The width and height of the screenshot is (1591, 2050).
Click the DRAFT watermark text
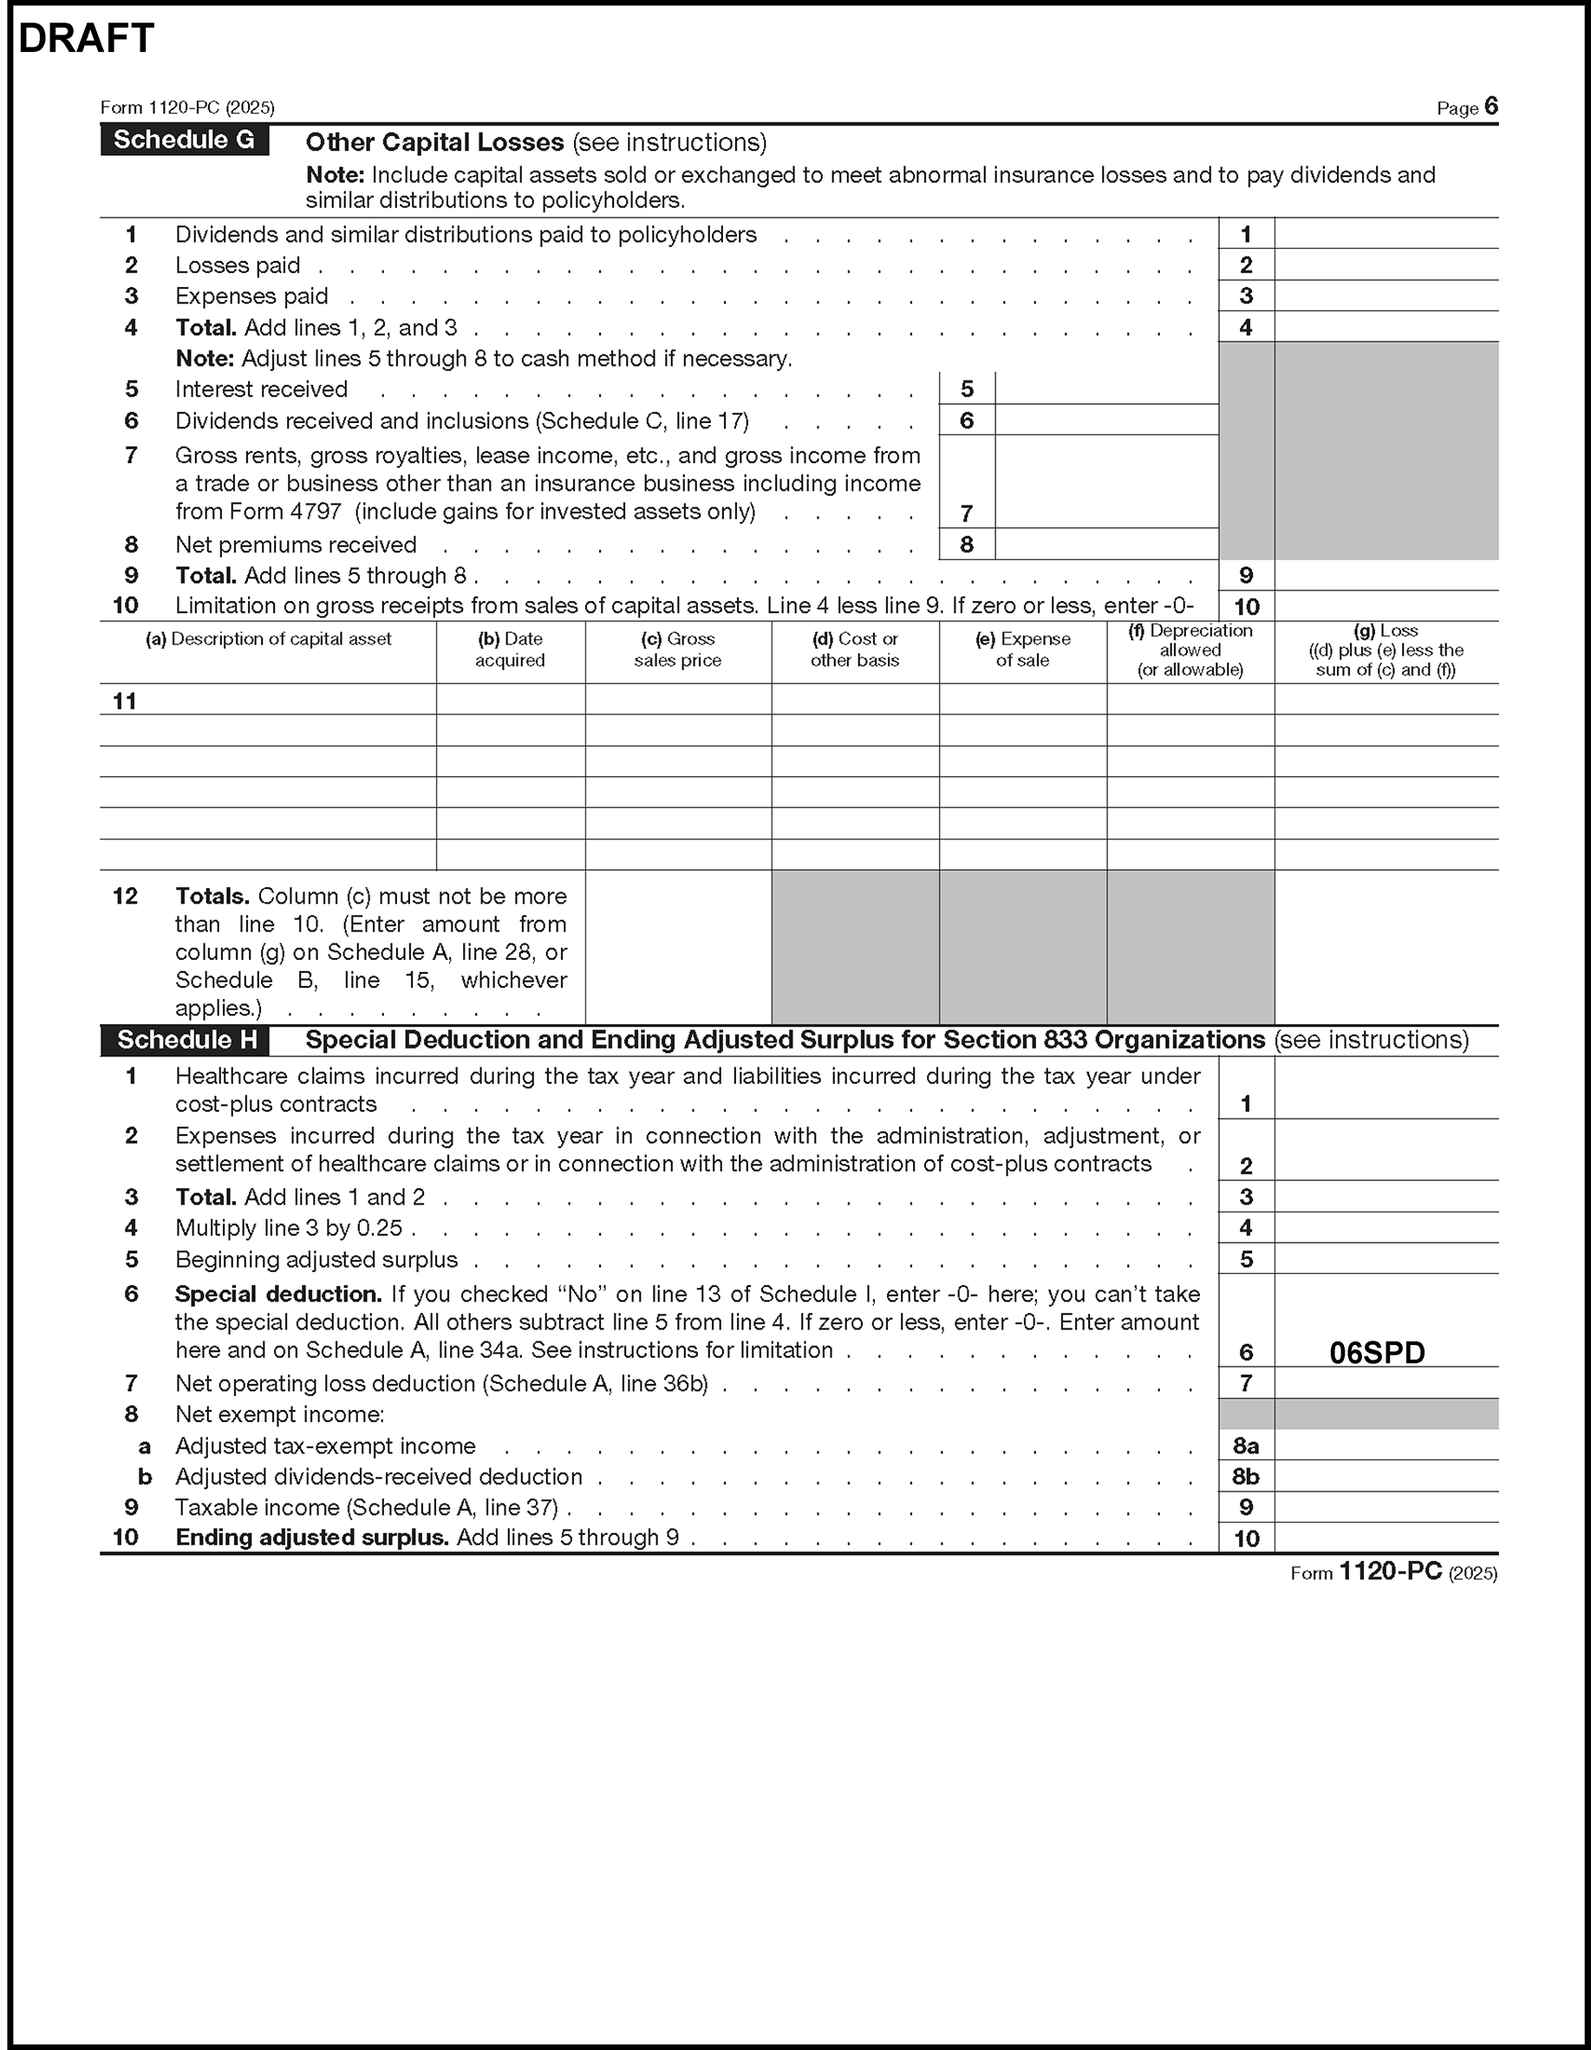[x=87, y=39]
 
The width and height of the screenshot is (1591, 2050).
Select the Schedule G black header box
[x=184, y=140]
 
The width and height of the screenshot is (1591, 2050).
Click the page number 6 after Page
[x=1490, y=107]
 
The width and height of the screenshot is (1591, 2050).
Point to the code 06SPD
[x=1377, y=1353]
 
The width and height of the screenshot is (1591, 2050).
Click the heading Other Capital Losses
[x=434, y=143]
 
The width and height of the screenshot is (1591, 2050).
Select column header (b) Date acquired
[x=510, y=650]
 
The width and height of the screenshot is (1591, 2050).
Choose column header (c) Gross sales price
[x=678, y=650]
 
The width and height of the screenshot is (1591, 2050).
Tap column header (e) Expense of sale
[x=1022, y=650]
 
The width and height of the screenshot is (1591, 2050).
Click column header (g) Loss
[x=1386, y=650]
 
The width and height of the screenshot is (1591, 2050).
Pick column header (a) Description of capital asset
[x=269, y=639]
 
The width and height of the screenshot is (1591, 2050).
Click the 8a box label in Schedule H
[x=1246, y=1446]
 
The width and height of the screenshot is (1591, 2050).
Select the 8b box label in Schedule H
[x=1246, y=1477]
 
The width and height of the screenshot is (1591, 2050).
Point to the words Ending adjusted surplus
[x=311, y=1537]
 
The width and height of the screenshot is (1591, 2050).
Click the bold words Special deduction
[x=277, y=1295]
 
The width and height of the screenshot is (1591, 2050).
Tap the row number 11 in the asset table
[x=125, y=702]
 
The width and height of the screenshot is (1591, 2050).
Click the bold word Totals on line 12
[x=212, y=897]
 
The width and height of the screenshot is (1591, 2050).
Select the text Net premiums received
[x=296, y=545]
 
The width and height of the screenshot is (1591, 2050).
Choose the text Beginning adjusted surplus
[x=316, y=1260]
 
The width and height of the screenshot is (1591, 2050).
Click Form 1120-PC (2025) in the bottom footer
[x=1393, y=1572]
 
